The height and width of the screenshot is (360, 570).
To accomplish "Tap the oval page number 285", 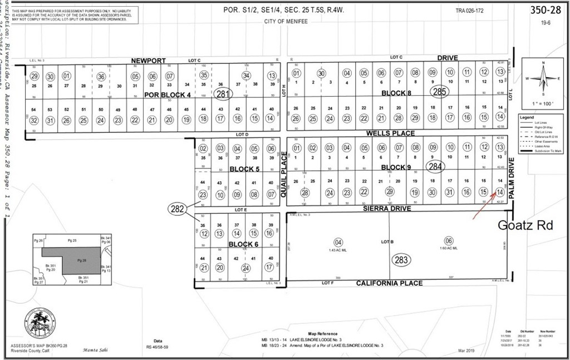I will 439,92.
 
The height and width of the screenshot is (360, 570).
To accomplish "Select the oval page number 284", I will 434,166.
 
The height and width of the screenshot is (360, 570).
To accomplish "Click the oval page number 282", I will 177,208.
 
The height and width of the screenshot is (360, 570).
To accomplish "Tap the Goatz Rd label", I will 525,226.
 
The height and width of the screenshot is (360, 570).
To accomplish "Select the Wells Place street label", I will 390,134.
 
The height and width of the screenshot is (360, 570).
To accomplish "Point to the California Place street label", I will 389,283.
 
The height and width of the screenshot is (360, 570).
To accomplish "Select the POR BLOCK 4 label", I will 168,95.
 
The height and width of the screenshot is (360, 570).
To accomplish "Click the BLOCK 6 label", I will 243,244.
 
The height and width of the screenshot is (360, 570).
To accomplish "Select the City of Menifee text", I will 286,21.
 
